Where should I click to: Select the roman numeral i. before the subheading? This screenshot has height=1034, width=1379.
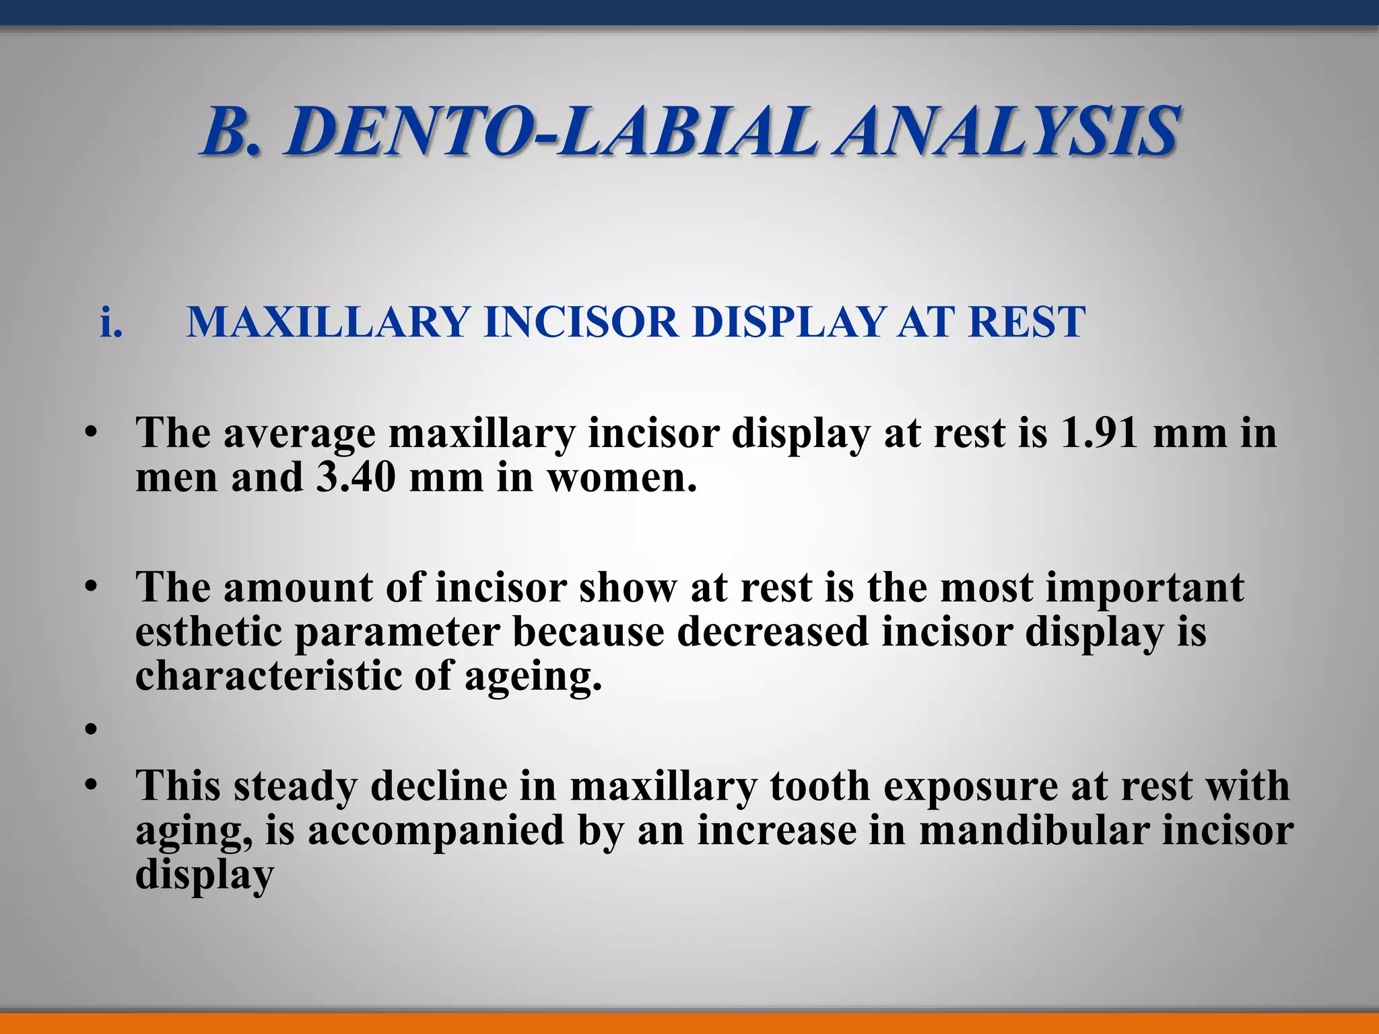pyautogui.click(x=111, y=322)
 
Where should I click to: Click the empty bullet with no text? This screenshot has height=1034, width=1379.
pyautogui.click(x=92, y=728)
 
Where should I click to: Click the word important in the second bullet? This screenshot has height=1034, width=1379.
pyautogui.click(x=1145, y=588)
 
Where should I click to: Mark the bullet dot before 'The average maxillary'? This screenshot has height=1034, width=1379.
pyautogui.click(x=92, y=433)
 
